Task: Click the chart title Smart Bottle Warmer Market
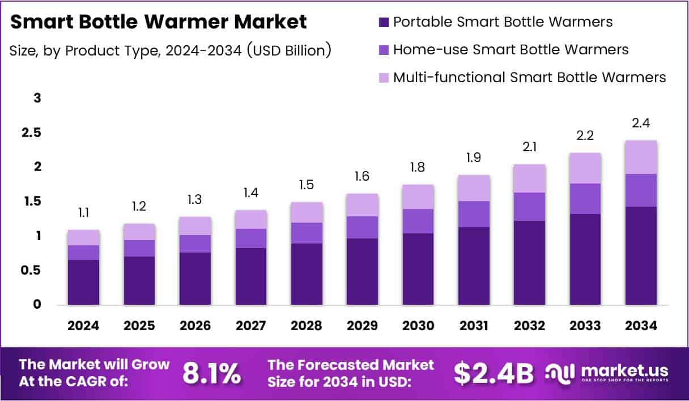tap(159, 22)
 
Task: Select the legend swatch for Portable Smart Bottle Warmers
tap(384, 23)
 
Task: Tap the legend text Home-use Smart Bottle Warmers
tap(511, 50)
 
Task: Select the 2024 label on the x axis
tap(83, 326)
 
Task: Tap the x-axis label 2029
tap(362, 326)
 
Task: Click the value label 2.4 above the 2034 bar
tap(641, 123)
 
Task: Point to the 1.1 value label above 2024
tap(83, 213)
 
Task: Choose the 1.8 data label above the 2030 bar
tap(418, 168)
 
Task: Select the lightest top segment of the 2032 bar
tap(530, 178)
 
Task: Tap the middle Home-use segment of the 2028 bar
tap(307, 233)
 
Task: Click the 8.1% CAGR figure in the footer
tap(211, 373)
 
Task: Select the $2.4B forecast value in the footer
tap(494, 373)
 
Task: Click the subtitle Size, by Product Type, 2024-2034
tap(170, 50)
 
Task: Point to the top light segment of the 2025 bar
tap(139, 232)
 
